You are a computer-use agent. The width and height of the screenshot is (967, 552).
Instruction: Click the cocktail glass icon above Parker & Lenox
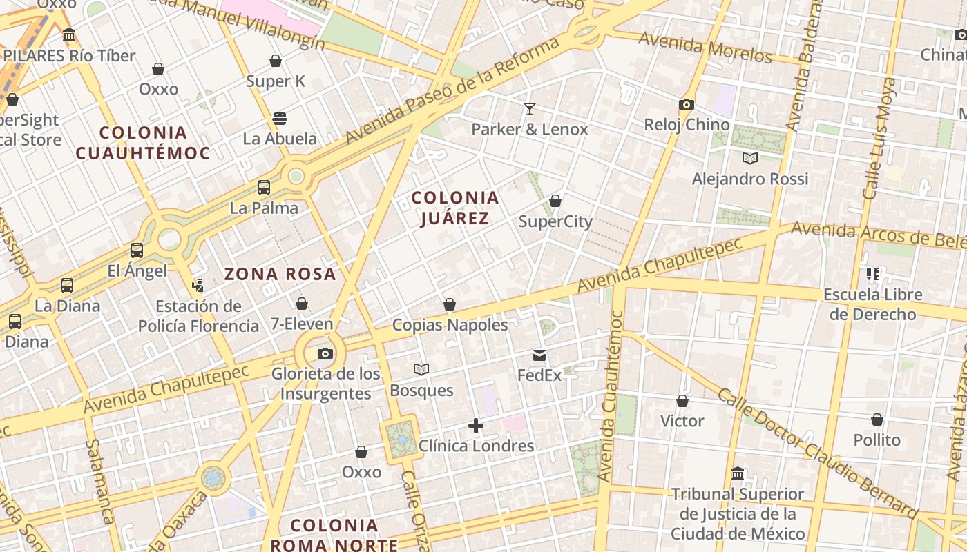530,108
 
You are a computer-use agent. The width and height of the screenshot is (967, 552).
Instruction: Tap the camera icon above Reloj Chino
686,104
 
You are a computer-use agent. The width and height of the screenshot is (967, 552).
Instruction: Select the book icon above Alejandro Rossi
750,158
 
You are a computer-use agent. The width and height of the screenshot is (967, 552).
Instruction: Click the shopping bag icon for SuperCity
555,201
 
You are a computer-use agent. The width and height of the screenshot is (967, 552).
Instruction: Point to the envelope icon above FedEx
539,355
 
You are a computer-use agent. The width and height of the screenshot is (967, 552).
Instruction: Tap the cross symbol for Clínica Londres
476,426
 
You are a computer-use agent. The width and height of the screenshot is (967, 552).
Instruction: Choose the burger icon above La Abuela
280,118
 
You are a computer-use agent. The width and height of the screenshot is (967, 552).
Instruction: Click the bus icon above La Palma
264,187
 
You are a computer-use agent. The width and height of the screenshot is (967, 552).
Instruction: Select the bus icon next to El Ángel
137,250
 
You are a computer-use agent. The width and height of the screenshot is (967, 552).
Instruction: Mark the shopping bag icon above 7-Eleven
301,303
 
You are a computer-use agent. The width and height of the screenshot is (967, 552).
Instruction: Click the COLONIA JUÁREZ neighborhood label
455,208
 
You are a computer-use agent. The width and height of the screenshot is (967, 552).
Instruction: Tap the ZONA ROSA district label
280,274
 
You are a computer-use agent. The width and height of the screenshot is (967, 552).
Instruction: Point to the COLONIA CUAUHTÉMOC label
143,143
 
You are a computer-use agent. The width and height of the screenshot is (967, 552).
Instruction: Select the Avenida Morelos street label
705,46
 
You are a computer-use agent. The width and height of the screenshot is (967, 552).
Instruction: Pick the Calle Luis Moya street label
879,138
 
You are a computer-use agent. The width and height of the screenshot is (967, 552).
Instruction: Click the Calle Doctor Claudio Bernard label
818,452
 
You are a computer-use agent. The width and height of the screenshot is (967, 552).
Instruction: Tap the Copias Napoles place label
450,324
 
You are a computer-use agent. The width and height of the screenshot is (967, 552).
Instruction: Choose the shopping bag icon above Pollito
877,419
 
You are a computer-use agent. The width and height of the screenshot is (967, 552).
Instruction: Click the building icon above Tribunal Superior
738,474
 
